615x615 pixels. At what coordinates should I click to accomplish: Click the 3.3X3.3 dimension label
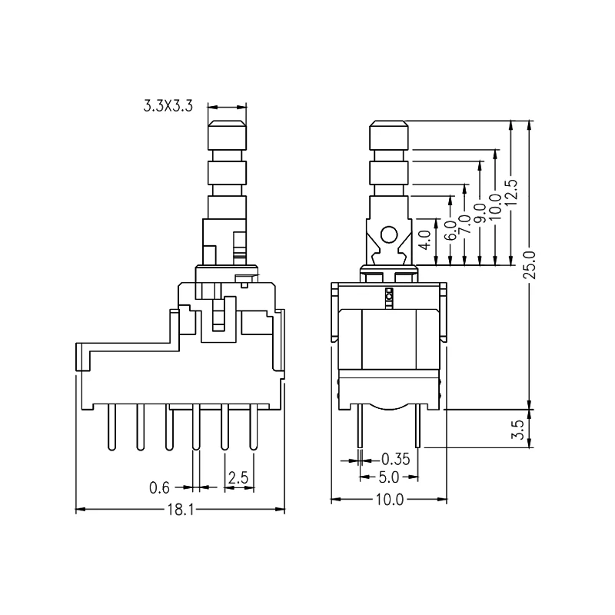click(x=168, y=108)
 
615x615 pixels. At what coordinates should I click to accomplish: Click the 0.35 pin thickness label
click(x=395, y=459)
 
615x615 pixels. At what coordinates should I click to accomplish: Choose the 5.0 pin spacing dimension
click(x=389, y=477)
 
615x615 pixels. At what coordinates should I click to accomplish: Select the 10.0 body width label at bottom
click(x=389, y=500)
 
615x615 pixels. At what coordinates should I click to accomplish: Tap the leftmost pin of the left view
click(x=111, y=427)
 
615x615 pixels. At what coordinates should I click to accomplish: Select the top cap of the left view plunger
click(x=228, y=137)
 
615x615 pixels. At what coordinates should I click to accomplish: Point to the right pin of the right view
click(x=417, y=427)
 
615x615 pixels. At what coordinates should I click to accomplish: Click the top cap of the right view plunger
click(x=389, y=137)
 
